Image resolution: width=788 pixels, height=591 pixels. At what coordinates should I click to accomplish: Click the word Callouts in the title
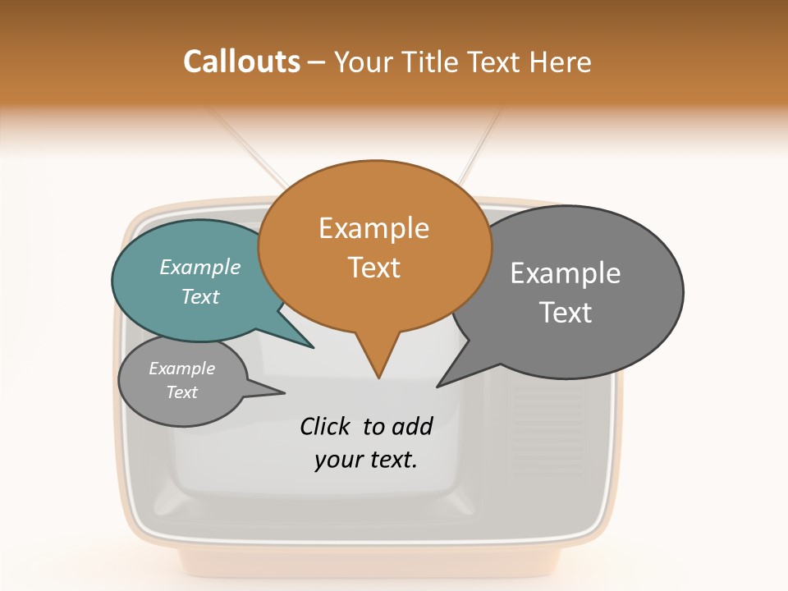click(x=241, y=62)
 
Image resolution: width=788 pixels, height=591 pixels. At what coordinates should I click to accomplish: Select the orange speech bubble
click(x=374, y=246)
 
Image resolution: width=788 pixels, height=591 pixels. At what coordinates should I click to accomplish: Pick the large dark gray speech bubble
click(x=575, y=291)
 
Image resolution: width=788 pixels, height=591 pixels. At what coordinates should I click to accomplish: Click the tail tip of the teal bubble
click(x=312, y=346)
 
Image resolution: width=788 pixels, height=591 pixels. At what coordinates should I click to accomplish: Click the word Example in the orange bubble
click(x=374, y=228)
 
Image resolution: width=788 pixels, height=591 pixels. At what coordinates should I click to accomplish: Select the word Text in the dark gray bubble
click(x=566, y=313)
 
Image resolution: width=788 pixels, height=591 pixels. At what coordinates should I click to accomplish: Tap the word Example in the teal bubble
click(x=200, y=267)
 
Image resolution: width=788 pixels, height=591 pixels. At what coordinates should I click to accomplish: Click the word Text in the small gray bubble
click(x=182, y=392)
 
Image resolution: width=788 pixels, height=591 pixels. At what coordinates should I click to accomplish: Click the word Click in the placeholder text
click(x=326, y=426)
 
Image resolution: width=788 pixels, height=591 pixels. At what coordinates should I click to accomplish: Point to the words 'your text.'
click(x=366, y=460)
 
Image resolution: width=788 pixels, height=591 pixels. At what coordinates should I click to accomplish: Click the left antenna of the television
click(x=246, y=148)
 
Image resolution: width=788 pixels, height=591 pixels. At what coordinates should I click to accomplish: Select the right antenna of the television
click(x=480, y=148)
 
